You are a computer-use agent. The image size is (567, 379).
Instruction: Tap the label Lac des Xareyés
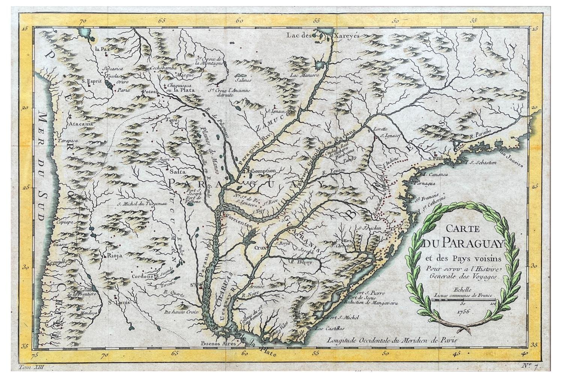pos(323,35)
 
